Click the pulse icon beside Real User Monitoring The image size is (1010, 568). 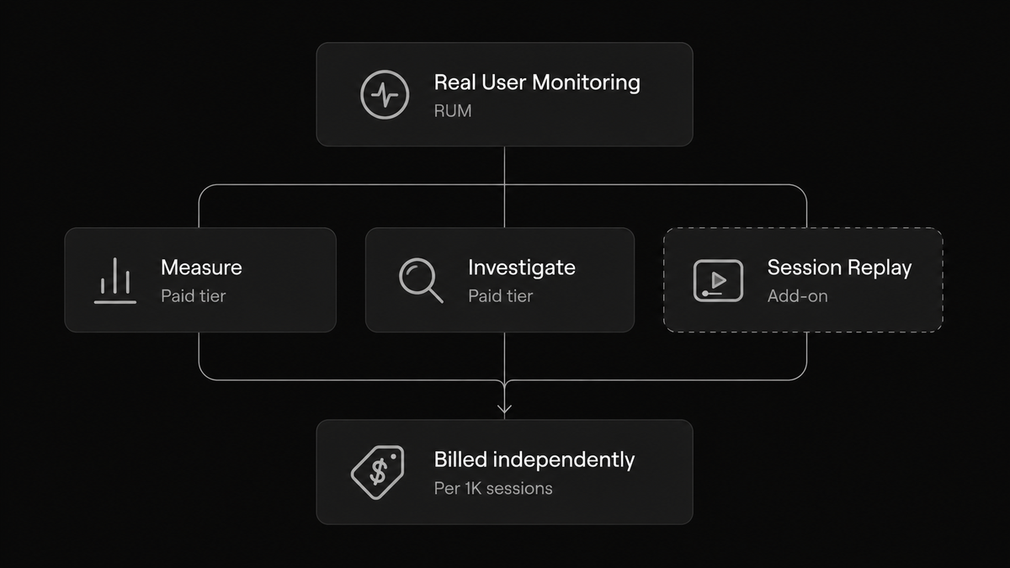385,94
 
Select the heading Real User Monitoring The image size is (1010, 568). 537,83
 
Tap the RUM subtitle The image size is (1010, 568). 453,111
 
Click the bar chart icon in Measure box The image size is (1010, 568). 115,280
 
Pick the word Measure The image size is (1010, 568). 201,268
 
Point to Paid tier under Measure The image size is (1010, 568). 194,296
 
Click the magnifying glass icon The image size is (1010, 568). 421,280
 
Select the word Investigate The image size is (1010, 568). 522,268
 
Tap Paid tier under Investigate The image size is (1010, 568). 501,296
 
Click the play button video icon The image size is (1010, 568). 718,280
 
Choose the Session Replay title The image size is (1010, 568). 840,268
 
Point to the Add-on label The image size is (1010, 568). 798,296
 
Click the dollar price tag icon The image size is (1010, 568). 378,472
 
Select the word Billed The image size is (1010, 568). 461,459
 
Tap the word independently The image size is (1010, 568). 564,461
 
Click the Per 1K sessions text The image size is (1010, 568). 493,489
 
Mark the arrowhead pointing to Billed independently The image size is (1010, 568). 504,409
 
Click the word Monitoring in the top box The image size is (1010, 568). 586,83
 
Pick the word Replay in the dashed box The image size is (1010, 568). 880,268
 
